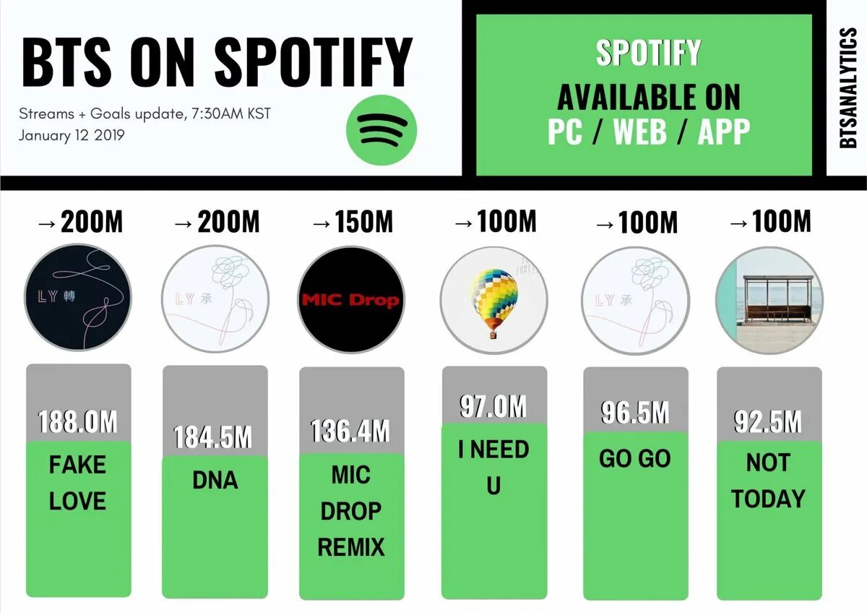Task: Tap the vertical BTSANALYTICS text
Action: [848, 88]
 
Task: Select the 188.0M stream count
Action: [78, 422]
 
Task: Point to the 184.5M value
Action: [213, 438]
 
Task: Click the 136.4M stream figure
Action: [351, 432]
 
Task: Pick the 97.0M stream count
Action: [493, 407]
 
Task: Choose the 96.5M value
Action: [635, 412]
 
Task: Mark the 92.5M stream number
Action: [768, 421]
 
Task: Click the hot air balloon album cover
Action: [493, 300]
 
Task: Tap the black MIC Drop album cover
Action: [351, 299]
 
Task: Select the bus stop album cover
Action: [769, 300]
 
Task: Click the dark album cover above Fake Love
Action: [78, 299]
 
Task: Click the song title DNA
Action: [215, 481]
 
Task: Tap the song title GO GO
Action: [635, 459]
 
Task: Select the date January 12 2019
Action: [72, 135]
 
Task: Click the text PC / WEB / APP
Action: [648, 132]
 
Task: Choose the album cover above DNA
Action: [215, 299]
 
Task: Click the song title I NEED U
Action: [493, 467]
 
